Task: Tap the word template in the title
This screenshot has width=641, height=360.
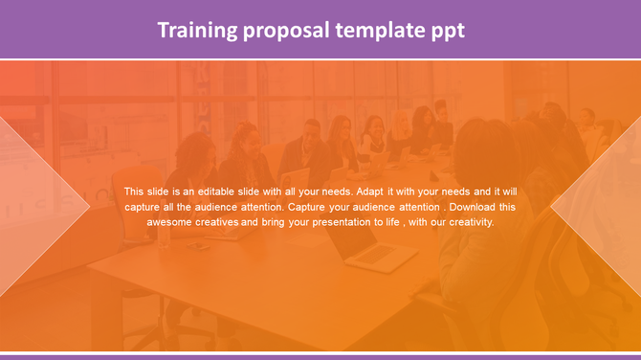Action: [x=377, y=31]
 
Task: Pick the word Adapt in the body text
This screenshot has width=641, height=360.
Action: [x=372, y=191]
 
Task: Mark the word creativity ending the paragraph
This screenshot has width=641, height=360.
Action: [x=468, y=221]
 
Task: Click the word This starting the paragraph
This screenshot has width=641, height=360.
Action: [x=135, y=191]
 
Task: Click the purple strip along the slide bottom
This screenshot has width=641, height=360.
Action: [x=320, y=356]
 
